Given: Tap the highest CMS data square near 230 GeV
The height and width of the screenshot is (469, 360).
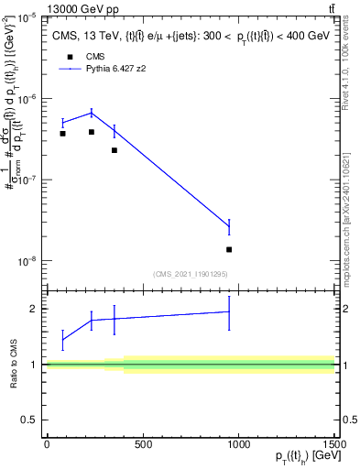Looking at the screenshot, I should [x=92, y=132].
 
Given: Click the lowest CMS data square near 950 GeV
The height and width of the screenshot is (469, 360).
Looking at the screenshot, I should [x=229, y=249].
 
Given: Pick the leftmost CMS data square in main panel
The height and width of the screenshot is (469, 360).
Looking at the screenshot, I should [x=62, y=134].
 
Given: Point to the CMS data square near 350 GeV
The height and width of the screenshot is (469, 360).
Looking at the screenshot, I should [x=114, y=150].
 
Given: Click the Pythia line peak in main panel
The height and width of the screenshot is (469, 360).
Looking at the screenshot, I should [x=92, y=113].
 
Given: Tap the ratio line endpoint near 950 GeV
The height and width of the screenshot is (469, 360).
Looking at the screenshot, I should [x=229, y=311].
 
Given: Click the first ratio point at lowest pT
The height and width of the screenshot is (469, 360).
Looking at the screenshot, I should [x=62, y=340].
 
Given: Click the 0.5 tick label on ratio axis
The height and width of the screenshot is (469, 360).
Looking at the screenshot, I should [x=31, y=420].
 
